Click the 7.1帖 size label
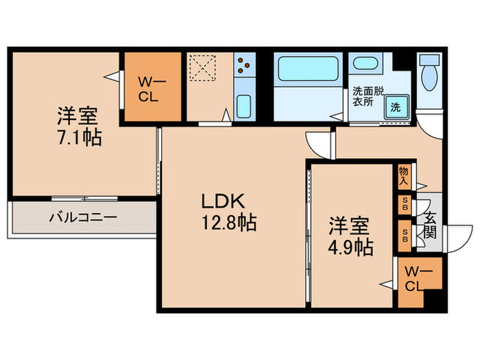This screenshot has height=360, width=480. (80, 137)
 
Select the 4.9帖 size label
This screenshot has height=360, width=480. (350, 246)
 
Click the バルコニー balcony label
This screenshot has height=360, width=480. (83, 218)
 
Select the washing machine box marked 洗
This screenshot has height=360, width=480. (396, 106)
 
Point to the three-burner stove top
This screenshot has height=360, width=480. (243, 67)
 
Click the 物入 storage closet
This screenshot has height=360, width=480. (404, 177)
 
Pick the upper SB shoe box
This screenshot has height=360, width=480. (405, 205)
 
